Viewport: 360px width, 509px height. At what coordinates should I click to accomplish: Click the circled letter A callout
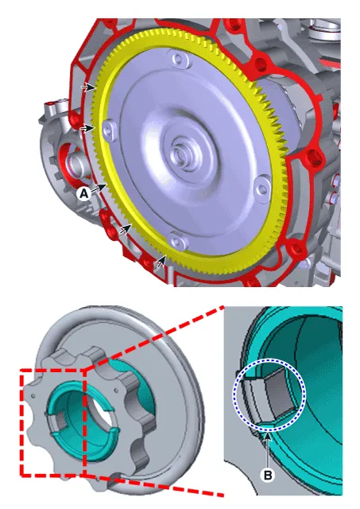click(x=84, y=194)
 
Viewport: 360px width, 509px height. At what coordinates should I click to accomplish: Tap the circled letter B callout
click(x=268, y=476)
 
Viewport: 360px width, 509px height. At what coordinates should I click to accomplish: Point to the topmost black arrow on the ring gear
click(x=89, y=87)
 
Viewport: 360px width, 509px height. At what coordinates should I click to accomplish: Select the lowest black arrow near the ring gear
click(x=161, y=262)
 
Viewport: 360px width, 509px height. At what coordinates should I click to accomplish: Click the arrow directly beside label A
click(x=99, y=188)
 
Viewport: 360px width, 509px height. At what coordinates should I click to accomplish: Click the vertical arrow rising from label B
click(x=268, y=449)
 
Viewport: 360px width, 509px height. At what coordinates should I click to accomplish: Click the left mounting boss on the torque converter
click(x=107, y=131)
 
